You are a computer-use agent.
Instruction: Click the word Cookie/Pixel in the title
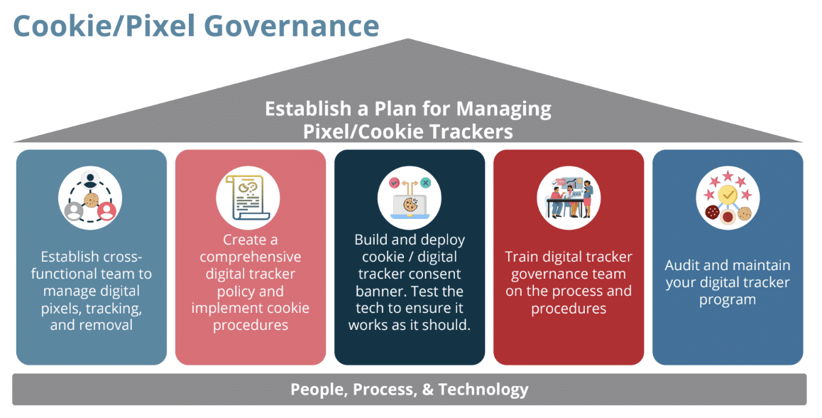[104, 26]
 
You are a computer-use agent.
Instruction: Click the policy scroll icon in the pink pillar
[250, 196]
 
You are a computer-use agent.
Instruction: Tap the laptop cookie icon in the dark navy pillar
[410, 196]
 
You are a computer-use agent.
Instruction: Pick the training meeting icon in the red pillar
[569, 196]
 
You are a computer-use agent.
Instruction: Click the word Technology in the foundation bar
[483, 390]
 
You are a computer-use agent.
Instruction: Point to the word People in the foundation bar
[317, 390]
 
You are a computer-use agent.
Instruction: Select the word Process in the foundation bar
[387, 390]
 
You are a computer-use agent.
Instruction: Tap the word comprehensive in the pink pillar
[250, 257]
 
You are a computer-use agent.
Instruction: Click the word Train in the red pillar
[522, 257]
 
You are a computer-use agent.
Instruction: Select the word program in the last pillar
[728, 299]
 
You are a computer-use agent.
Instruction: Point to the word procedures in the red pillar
[569, 309]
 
